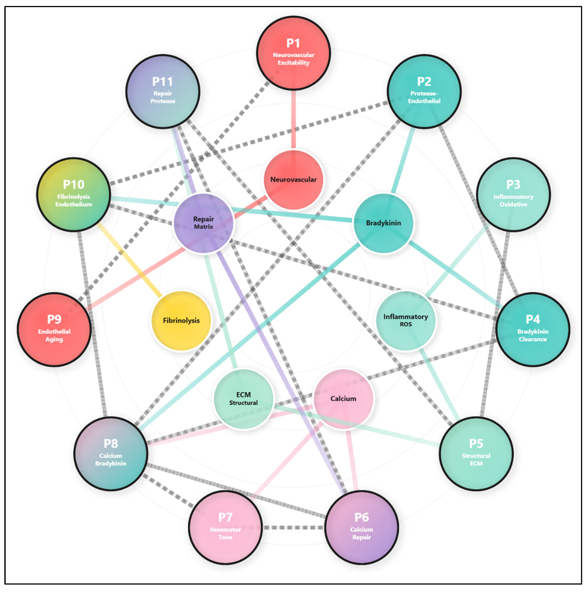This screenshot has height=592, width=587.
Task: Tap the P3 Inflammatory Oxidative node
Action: click(513, 194)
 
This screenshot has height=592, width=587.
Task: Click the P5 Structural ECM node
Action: click(476, 453)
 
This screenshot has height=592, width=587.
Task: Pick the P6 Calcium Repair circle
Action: click(361, 527)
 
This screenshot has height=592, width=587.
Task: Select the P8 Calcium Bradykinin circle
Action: click(111, 453)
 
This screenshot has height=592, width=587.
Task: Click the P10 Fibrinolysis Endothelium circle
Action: click(74, 194)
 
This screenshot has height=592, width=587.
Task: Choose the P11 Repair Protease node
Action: click(163, 91)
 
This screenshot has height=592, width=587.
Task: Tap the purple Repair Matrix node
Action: click(203, 223)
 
